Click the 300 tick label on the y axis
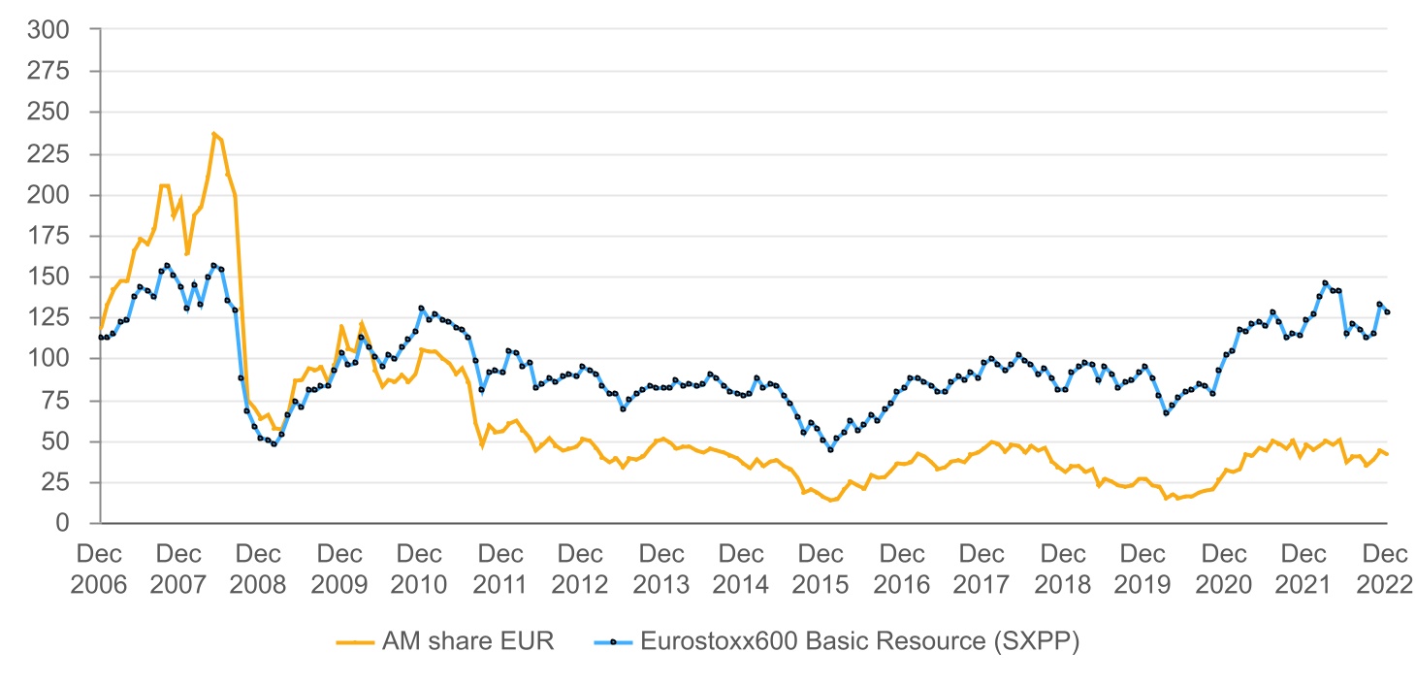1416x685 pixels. (x=51, y=30)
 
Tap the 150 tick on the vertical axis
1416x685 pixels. (x=51, y=277)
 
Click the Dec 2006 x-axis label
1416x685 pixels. (x=99, y=570)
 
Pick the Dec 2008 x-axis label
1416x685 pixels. (x=259, y=570)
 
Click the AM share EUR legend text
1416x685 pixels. (x=468, y=641)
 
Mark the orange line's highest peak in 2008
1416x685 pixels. (x=213, y=134)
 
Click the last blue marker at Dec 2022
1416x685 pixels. (x=1387, y=312)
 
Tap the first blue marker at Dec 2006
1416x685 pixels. (x=100, y=337)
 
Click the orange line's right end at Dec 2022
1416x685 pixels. (x=1387, y=454)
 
